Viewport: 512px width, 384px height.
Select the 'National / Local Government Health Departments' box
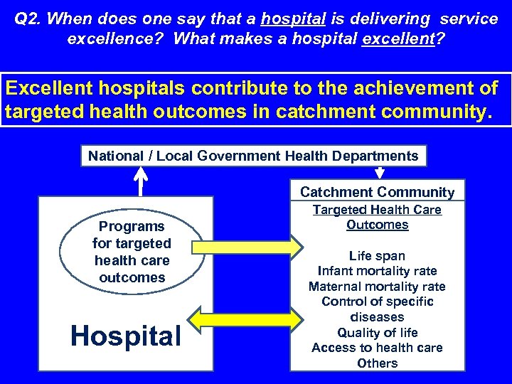[x=253, y=156]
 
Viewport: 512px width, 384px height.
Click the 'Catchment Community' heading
[x=377, y=192]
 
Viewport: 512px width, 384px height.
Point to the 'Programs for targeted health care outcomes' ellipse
[x=132, y=252]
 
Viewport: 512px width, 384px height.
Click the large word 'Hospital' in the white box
[x=126, y=336]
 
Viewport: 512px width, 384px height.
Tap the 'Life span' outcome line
[x=377, y=256]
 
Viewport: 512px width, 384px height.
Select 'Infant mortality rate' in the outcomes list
[x=377, y=271]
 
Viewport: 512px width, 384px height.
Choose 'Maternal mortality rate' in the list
[x=377, y=287]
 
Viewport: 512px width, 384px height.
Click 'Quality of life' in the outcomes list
[x=377, y=333]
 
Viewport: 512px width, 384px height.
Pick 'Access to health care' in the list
[x=377, y=348]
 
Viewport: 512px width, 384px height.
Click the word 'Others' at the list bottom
[x=377, y=363]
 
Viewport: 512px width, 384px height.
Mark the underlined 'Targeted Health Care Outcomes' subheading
[x=377, y=218]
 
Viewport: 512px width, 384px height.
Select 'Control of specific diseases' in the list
[x=377, y=309]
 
